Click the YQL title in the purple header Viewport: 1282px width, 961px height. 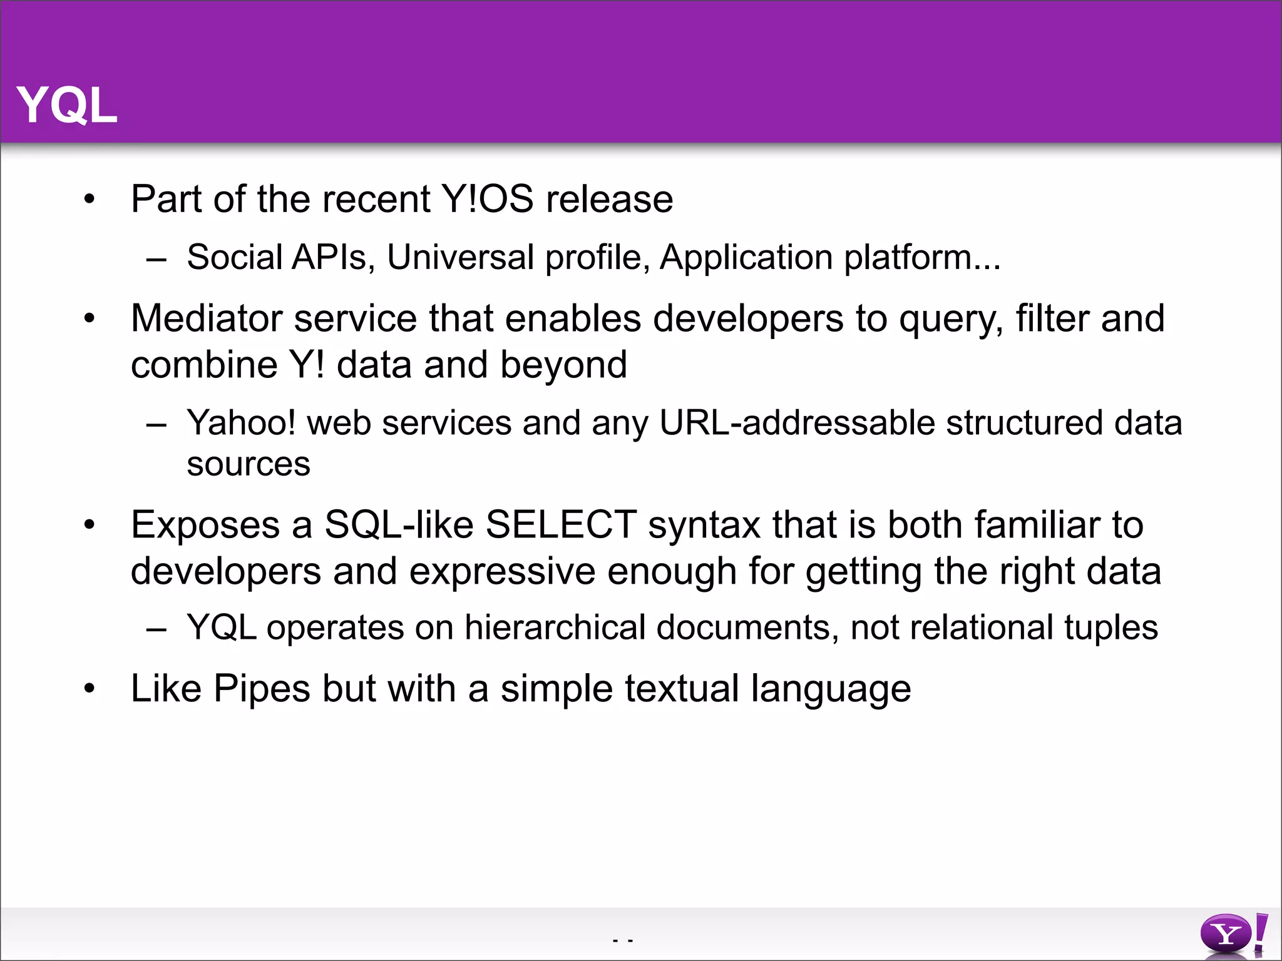pos(67,105)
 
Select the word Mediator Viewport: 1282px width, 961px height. pos(206,318)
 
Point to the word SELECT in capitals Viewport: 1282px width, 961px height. pos(560,524)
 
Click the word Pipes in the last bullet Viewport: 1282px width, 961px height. pos(262,689)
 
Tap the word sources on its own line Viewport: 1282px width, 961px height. pos(249,464)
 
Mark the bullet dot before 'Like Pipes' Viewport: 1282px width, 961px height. pos(90,689)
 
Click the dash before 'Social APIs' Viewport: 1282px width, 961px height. pos(156,258)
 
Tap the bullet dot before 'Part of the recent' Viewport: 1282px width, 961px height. pos(90,200)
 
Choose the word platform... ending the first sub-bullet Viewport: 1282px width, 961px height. pos(922,258)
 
